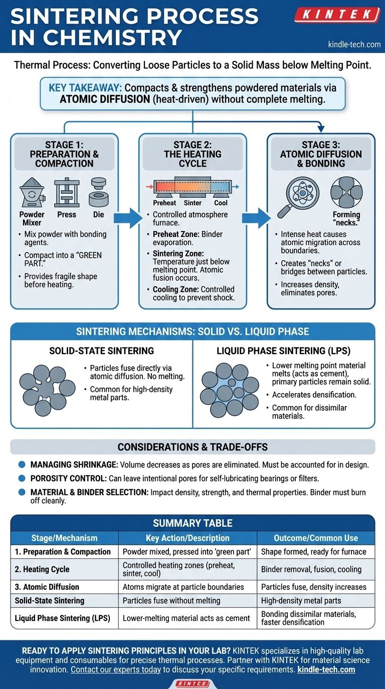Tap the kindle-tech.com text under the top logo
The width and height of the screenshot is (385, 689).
(354, 45)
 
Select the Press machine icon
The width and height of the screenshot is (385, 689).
(67, 193)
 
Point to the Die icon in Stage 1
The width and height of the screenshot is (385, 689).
(99, 193)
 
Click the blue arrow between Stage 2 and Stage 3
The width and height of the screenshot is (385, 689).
(256, 218)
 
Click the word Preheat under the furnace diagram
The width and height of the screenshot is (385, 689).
(164, 203)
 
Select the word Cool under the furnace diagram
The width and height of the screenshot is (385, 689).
(221, 203)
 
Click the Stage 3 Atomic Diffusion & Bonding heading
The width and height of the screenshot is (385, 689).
(321, 154)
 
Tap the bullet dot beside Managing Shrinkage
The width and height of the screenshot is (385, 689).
(22, 464)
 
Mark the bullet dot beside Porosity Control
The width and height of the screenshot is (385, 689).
(22, 478)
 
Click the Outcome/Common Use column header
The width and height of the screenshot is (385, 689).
(316, 538)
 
